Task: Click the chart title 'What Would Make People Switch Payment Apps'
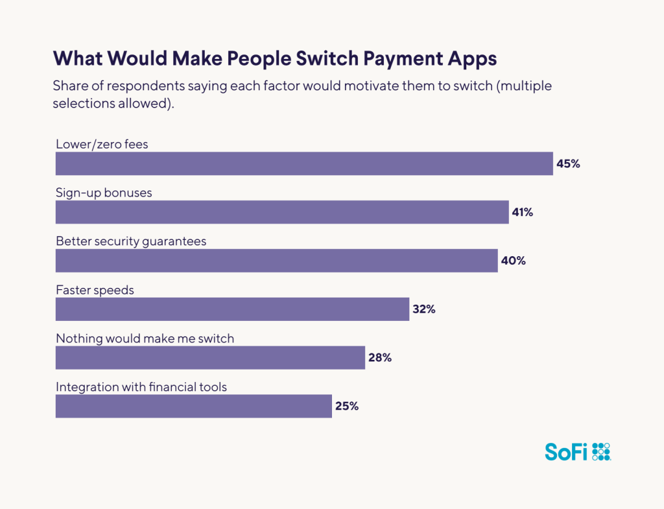(275, 58)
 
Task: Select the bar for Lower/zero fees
(303, 163)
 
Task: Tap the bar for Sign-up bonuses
(282, 212)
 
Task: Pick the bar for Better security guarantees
(276, 261)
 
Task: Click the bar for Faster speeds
(232, 309)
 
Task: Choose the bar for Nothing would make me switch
(210, 358)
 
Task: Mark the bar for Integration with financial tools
(193, 407)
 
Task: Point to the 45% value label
(568, 163)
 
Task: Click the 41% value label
(523, 212)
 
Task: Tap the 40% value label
(512, 261)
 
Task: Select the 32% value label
(424, 309)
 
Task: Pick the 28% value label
(380, 358)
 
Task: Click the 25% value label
(347, 407)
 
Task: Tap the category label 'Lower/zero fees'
(102, 144)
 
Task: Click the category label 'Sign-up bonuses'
(104, 193)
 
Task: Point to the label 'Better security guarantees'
(131, 241)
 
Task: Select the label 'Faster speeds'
(95, 290)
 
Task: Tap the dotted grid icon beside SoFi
(602, 451)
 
